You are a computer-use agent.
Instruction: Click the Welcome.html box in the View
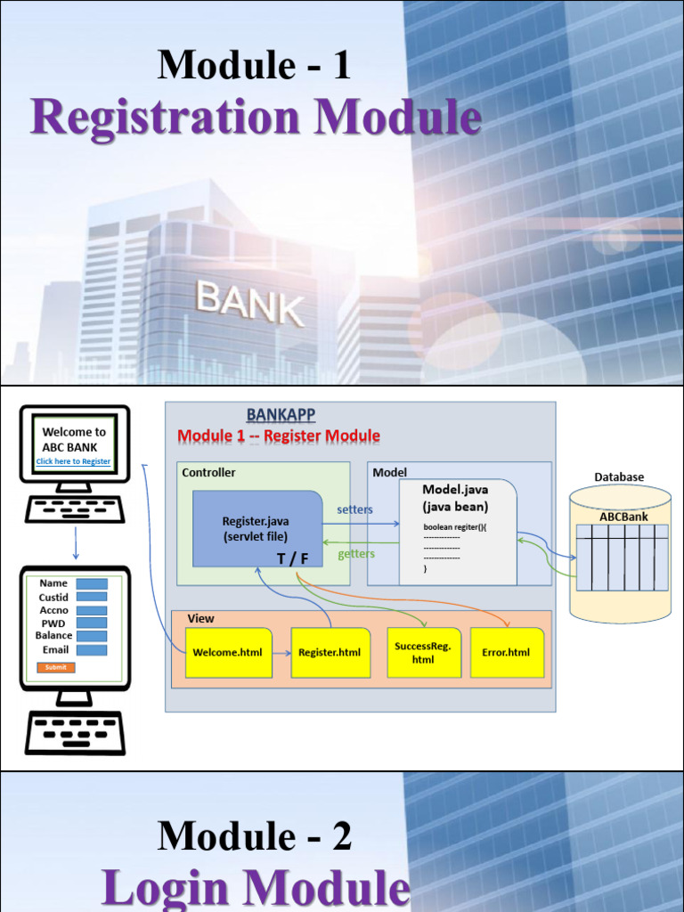click(228, 653)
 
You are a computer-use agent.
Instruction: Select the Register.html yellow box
click(330, 653)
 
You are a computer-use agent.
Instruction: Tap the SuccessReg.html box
click(423, 653)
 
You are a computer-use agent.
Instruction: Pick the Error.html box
click(506, 653)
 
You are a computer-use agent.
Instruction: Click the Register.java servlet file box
click(256, 529)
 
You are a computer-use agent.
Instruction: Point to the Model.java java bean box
click(457, 532)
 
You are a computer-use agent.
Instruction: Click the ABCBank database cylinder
click(620, 552)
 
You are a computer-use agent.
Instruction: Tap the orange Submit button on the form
click(55, 667)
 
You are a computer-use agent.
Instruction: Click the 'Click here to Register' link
click(73, 461)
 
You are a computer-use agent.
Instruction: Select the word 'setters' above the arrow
click(354, 509)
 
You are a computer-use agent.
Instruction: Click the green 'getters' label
click(356, 554)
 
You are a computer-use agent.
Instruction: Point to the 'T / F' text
click(293, 558)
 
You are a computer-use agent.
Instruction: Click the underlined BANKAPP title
click(281, 415)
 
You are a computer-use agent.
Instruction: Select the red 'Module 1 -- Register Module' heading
click(279, 436)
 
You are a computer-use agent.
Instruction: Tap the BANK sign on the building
click(250, 303)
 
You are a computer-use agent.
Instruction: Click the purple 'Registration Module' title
click(256, 118)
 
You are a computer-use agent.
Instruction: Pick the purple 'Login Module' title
click(256, 887)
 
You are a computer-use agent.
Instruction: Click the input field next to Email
click(92, 650)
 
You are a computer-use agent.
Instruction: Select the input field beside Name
click(92, 584)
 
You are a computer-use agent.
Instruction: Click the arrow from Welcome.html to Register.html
click(281, 653)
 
